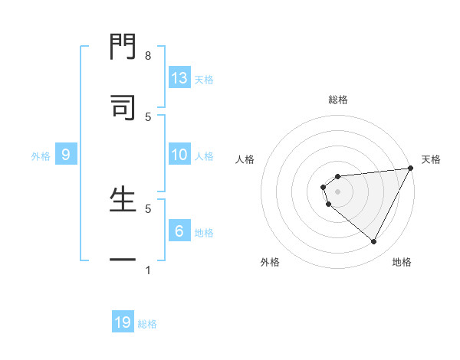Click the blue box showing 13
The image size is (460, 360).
pos(179,78)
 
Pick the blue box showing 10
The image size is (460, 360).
pos(179,155)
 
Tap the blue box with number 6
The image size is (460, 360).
pos(179,231)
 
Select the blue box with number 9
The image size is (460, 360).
pos(66,155)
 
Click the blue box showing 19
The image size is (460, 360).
pos(123,322)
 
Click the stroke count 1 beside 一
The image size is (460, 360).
pos(148,270)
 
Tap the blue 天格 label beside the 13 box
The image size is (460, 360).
pos(204,80)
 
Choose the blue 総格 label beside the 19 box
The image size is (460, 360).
pos(147,324)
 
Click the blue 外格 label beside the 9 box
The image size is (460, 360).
pos(41,156)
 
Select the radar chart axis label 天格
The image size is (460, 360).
pos(432,159)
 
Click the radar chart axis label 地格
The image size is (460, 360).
pos(402,262)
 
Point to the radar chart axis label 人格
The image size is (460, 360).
pos(245,159)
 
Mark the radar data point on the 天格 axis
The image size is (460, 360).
pos(411,168)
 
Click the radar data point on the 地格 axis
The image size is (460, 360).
pos(374,242)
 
